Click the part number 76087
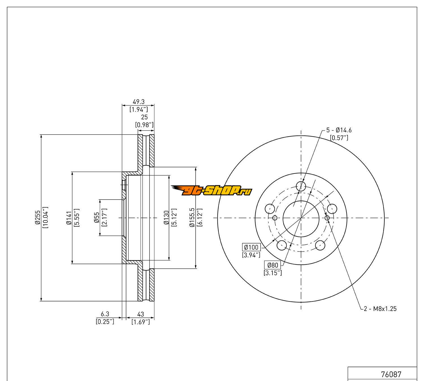pos(391,374)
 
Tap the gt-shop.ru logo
pos(211,190)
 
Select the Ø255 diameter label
pos(38,217)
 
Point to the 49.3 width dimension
pos(139,102)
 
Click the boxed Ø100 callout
pos(251,247)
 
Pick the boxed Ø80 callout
pos(273,265)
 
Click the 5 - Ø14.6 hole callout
pos(339,130)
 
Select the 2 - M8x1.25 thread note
pos(380,308)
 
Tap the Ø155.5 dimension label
pos(192,217)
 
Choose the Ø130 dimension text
pos(166,217)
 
